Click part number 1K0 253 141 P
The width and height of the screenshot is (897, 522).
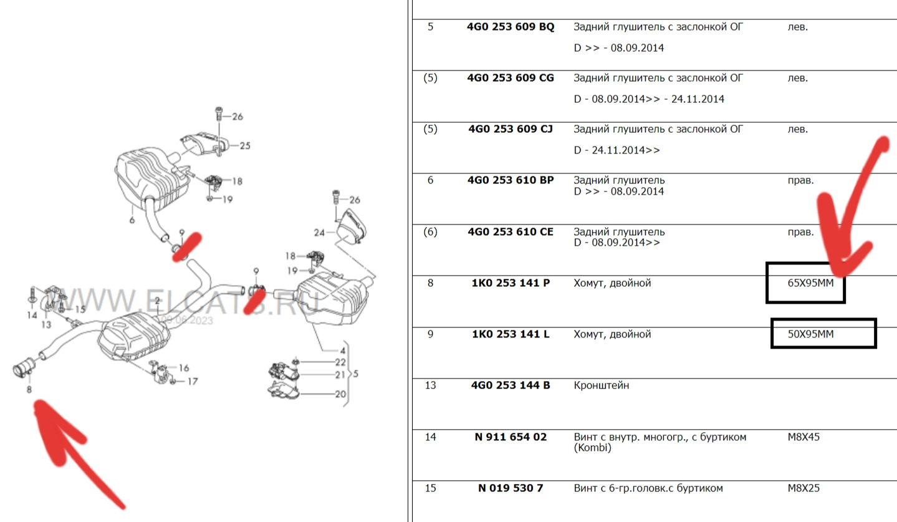pyautogui.click(x=510, y=283)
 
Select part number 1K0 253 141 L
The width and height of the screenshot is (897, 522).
pyautogui.click(x=510, y=334)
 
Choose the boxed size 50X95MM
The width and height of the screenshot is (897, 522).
pyautogui.click(x=810, y=334)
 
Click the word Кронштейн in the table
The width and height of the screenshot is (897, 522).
pyautogui.click(x=601, y=385)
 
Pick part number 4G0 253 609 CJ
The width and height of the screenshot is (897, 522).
pyautogui.click(x=510, y=129)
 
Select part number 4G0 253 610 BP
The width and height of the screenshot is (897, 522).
pyautogui.click(x=510, y=180)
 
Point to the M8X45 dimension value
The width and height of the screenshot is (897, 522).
pyautogui.click(x=803, y=437)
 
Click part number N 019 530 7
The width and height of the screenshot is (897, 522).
pyautogui.click(x=510, y=488)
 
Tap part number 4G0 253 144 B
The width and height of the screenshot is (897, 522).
pyautogui.click(x=510, y=385)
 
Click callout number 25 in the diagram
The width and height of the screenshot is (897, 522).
pyautogui.click(x=244, y=146)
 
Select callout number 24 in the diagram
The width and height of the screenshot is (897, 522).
pyautogui.click(x=319, y=233)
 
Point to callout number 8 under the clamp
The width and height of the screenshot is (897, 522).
pyautogui.click(x=29, y=390)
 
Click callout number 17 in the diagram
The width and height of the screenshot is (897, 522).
pyautogui.click(x=192, y=381)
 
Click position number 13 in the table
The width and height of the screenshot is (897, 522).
pyautogui.click(x=430, y=385)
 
